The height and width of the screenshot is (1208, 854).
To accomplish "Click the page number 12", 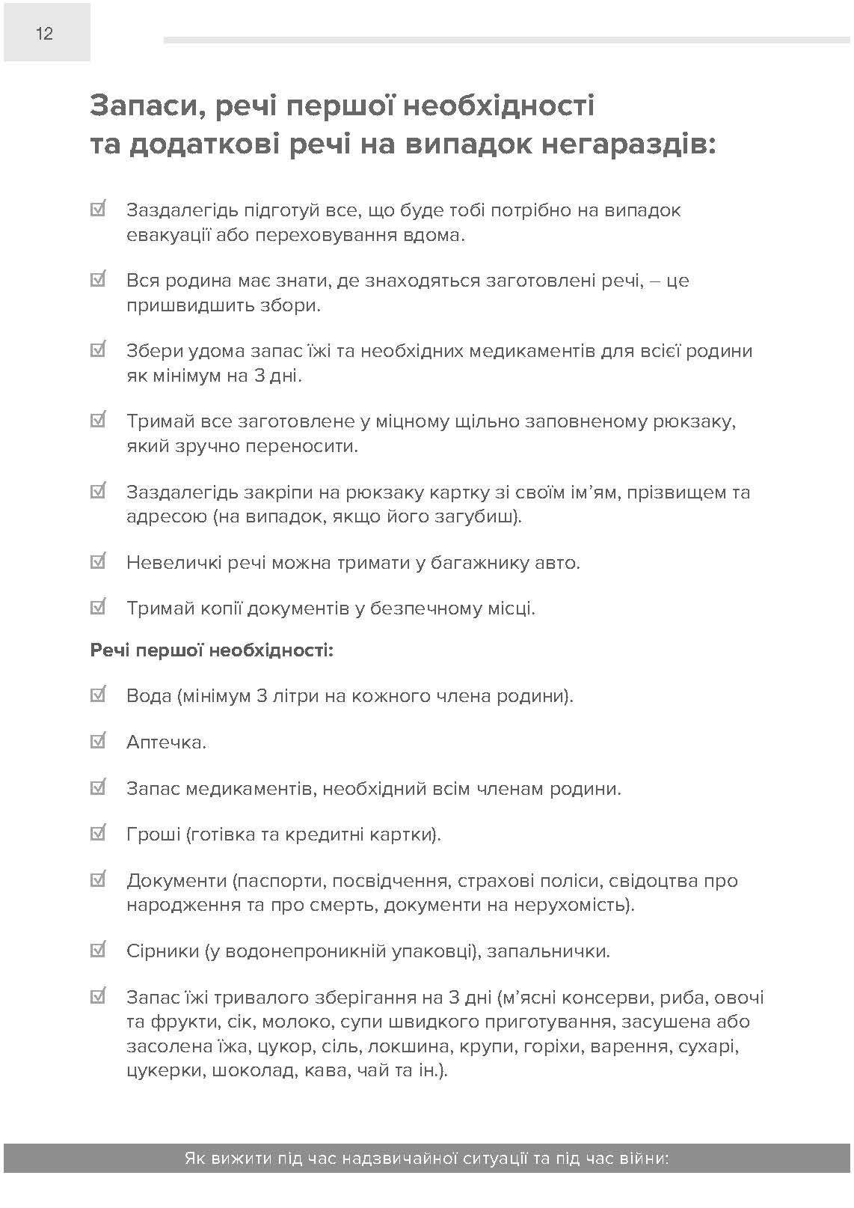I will click(44, 33).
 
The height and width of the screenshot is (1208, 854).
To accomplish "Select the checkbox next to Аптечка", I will click(97, 742).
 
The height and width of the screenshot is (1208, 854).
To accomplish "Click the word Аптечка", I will click(166, 742).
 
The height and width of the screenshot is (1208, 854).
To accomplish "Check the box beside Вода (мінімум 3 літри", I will click(97, 695).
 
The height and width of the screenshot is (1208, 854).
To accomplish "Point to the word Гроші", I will click(153, 834).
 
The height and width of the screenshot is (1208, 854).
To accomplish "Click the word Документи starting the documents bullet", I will click(176, 880).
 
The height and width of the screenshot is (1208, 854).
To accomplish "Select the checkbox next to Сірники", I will click(97, 951).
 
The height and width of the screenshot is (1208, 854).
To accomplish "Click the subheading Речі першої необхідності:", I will click(212, 650).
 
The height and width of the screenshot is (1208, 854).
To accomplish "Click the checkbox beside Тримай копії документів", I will click(97, 607).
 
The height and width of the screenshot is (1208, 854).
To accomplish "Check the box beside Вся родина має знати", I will click(97, 280).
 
